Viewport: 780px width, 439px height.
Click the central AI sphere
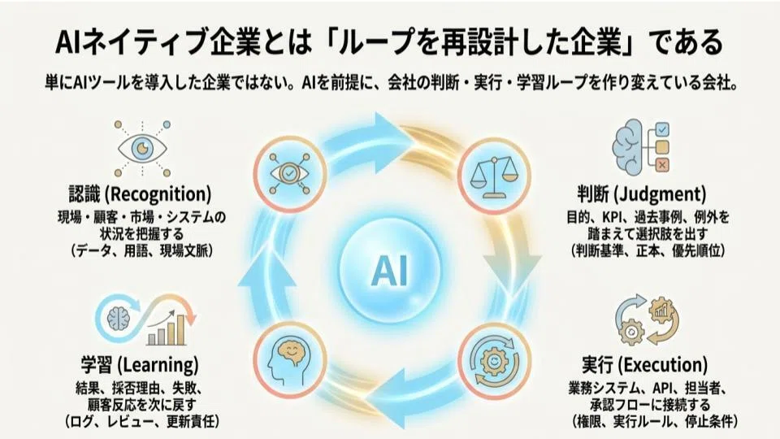[x=390, y=270]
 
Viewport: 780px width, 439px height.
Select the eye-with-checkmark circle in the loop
[x=289, y=173]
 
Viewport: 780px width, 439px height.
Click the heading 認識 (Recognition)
[x=140, y=194]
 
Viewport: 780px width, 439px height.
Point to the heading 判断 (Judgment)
[x=642, y=194]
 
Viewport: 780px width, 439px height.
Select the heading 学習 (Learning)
[x=140, y=365]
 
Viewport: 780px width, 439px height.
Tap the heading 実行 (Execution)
[x=644, y=365]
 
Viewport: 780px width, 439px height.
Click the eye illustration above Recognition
[x=142, y=148]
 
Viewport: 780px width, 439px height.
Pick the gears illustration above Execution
[x=647, y=320]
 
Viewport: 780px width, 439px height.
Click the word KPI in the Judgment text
[x=616, y=218]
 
